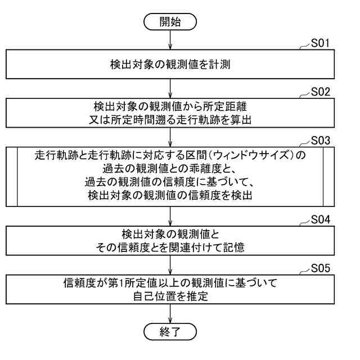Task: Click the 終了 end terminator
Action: [170, 329]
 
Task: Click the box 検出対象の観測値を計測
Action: [170, 66]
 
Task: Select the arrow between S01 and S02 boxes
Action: [170, 89]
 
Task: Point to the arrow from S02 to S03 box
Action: [170, 137]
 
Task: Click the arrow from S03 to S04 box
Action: [170, 217]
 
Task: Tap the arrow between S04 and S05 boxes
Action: [170, 264]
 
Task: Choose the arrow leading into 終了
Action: [170, 312]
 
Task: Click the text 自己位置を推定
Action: [170, 296]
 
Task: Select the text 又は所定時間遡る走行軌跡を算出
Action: [170, 118]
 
